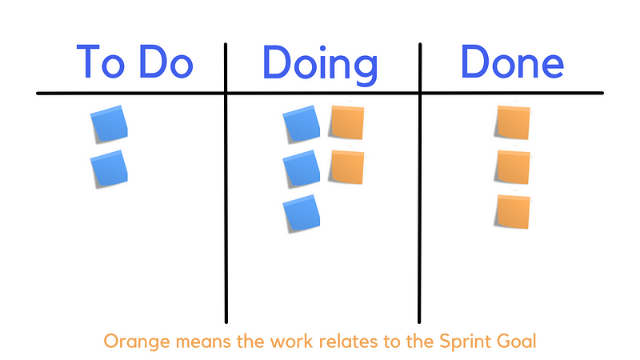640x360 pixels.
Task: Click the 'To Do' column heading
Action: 134,62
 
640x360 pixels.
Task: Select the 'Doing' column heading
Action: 321,66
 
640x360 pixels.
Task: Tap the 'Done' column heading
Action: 512,62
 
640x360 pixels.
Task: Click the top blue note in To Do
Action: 109,124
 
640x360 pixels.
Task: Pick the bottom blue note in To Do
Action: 109,169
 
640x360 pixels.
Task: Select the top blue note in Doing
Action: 302,124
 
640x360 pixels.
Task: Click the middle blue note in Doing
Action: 302,169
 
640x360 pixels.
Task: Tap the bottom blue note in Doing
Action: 302,214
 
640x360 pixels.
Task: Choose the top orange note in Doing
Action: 347,122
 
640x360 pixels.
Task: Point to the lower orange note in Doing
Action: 347,166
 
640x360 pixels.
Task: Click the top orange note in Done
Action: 513,122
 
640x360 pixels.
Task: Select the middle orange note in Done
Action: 513,166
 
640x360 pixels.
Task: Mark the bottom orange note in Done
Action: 513,211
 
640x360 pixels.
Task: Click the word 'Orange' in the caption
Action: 137,342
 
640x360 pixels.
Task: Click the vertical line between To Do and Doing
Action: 226,183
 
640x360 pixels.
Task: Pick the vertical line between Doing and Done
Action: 419,183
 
